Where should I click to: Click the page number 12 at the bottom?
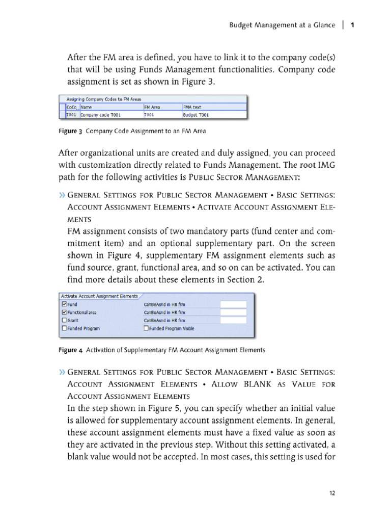pos(332,493)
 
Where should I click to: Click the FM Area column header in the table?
pos(153,107)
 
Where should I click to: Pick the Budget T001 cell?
pos(196,115)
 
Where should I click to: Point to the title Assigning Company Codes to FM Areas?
pos(100,99)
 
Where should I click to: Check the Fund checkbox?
pos(64,304)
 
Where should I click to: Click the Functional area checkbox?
pos(64,312)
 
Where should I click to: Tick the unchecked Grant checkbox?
pos(64,320)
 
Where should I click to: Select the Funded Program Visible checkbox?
pos(146,328)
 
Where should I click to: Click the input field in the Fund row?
pos(233,304)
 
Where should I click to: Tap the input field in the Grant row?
pos(233,320)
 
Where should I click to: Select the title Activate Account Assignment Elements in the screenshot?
pos(99,296)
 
